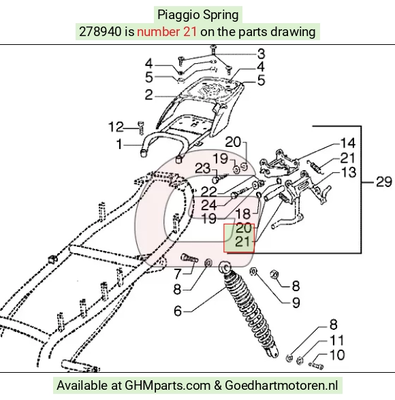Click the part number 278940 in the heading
pos(100,31)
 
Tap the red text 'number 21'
pos(167,31)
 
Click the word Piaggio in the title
pos(176,15)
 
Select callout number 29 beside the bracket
pos(384,182)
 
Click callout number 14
pos(347,143)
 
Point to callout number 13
pos(348,173)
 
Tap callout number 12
pos(116,127)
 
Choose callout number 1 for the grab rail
pos(119,144)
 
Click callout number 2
pos(149,95)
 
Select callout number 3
pos(261,54)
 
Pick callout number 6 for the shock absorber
pos(178,312)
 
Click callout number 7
pos(178,274)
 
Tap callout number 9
pos(296,303)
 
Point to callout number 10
pos(337,355)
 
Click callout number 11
pos(337,341)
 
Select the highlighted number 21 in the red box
pos(243,241)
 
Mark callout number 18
pos(243,214)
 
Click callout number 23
pos(203,169)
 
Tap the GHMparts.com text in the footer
pos(168,385)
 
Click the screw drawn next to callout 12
pos(141,128)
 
